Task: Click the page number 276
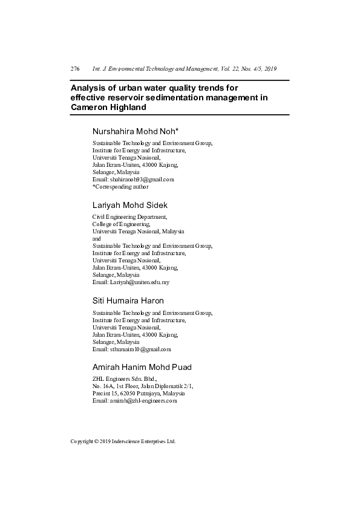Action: [75, 70]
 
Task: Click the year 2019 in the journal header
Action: [270, 70]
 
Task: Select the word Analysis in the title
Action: [89, 88]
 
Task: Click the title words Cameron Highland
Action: [108, 106]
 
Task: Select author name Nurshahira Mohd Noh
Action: [135, 131]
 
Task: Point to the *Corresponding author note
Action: [120, 187]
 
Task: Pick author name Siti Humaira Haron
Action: [128, 300]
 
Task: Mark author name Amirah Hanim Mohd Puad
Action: [142, 367]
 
